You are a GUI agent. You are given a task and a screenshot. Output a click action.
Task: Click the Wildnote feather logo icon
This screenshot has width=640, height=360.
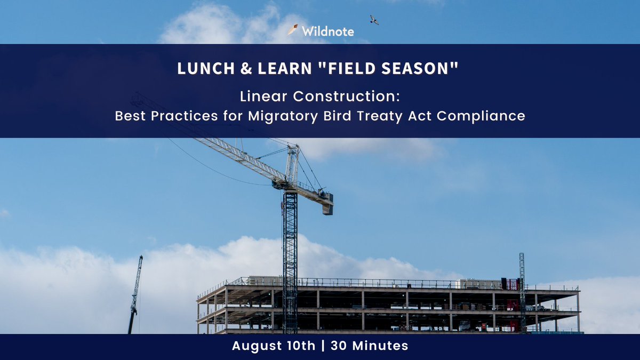[x=292, y=30]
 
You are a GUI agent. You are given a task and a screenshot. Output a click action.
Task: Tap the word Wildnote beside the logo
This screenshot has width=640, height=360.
[x=327, y=31]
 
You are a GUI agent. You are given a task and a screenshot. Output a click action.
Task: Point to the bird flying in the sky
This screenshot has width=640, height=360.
[x=374, y=20]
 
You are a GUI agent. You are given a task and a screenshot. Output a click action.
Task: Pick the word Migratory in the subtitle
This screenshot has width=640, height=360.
[x=283, y=116]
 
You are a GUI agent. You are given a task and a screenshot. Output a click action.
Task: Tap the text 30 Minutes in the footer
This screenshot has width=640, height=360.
[x=369, y=346]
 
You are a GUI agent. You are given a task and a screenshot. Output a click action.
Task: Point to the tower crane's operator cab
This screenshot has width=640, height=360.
[x=283, y=183]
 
